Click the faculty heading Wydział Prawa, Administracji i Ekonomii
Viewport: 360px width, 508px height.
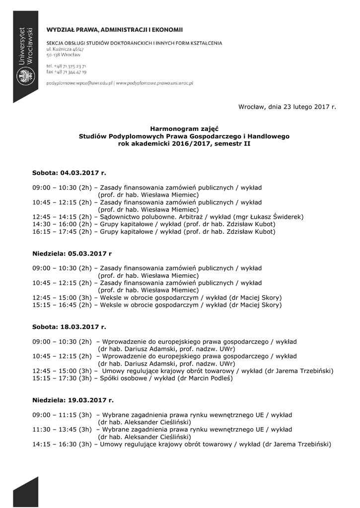pyautogui.click(x=115, y=30)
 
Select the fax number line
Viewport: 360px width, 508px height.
pyautogui.click(x=67, y=72)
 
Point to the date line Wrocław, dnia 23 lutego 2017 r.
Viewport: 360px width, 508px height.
pyautogui.click(x=287, y=107)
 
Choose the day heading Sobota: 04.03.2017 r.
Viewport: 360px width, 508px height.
pyautogui.click(x=70, y=173)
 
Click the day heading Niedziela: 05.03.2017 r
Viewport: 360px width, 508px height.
pyautogui.click(x=72, y=254)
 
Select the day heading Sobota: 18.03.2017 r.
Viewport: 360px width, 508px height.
pyautogui.click(x=70, y=327)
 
